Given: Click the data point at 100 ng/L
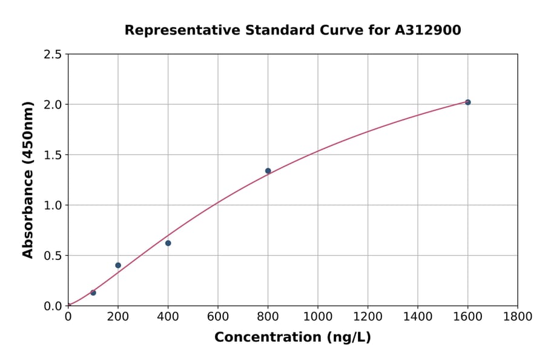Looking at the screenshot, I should click(93, 293).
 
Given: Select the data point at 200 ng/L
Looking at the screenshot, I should click(118, 265).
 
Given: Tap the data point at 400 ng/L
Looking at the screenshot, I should click(168, 243).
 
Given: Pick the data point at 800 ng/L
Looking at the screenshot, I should click(268, 171).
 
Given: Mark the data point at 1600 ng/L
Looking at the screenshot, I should click(467, 102).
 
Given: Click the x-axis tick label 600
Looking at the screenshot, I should click(217, 317).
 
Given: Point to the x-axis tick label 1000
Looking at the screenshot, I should click(317, 317).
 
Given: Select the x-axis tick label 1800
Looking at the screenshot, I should click(517, 317).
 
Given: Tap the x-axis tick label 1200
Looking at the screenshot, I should click(368, 317).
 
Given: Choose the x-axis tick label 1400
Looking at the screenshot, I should click(417, 317).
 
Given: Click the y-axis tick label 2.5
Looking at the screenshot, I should click(53, 55).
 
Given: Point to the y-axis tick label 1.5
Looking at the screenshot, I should click(53, 155).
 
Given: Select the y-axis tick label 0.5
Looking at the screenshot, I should click(53, 256).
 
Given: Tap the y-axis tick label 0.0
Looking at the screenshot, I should click(53, 306).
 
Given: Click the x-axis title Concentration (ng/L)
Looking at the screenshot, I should click(292, 338).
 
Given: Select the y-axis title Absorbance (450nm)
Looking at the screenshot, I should click(28, 180).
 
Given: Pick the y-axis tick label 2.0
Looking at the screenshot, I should click(53, 105).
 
